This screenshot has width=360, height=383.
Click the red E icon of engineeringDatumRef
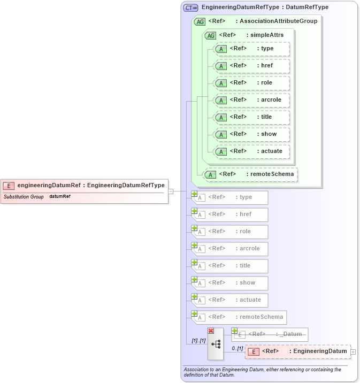click(x=9, y=186)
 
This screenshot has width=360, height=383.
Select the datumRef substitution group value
click(x=60, y=197)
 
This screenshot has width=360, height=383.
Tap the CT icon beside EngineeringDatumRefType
click(x=191, y=8)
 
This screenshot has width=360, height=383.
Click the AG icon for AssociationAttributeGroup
click(x=200, y=21)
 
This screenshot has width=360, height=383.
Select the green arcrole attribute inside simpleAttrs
click(x=251, y=100)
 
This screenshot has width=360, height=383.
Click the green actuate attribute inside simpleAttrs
click(x=251, y=151)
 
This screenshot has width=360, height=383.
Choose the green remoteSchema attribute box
click(x=250, y=174)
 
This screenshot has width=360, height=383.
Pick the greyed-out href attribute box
click(x=230, y=215)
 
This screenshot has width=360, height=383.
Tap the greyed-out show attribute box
click(x=230, y=283)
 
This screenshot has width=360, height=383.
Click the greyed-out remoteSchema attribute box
click(x=239, y=317)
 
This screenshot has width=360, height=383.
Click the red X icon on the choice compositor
click(x=211, y=331)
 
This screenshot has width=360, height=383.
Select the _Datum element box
click(x=270, y=334)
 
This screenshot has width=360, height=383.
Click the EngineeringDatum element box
click(x=297, y=351)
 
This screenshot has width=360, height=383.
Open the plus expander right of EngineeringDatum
click(x=354, y=352)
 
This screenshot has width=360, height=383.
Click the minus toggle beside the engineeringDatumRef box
click(x=171, y=191)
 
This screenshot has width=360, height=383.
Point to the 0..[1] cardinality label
click(x=237, y=348)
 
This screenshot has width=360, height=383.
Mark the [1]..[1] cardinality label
click(x=198, y=340)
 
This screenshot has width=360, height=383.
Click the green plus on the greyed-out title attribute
click(x=195, y=262)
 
